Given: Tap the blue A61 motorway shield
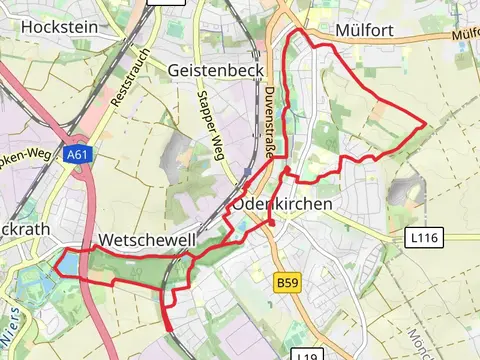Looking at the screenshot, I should click(77, 155).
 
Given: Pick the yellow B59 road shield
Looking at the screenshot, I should click(285, 284).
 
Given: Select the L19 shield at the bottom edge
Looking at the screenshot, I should click(306, 355).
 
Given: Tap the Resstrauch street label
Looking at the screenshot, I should click(129, 79).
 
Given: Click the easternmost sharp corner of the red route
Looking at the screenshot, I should click(427, 124).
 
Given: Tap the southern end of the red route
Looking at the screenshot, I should click(168, 328).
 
